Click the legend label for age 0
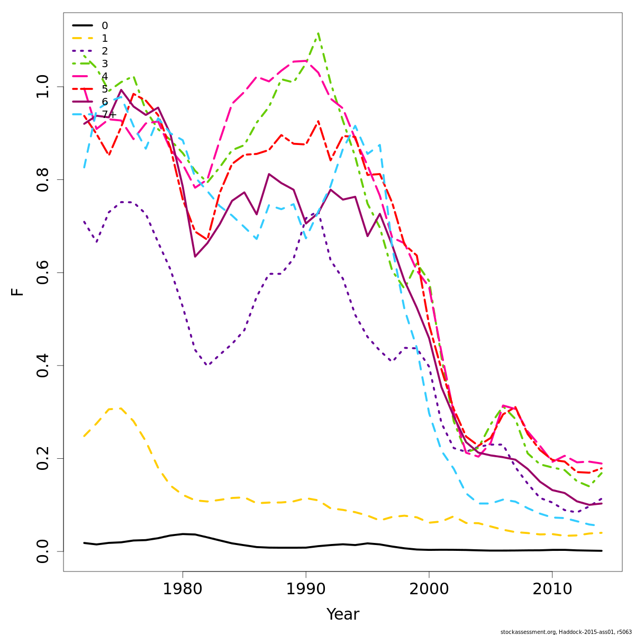click(x=105, y=25)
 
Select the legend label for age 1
click(x=105, y=38)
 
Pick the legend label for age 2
click(x=105, y=51)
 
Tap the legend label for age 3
click(x=105, y=63)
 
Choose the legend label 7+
click(x=109, y=114)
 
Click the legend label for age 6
click(x=105, y=102)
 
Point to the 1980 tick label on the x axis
click(x=183, y=589)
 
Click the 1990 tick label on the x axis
click(x=306, y=589)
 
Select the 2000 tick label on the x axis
click(x=429, y=589)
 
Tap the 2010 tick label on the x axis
click(x=552, y=589)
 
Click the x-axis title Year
click(x=342, y=614)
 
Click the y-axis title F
click(x=17, y=292)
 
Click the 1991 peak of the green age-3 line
click(x=318, y=33)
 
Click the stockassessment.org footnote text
click(x=566, y=631)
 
